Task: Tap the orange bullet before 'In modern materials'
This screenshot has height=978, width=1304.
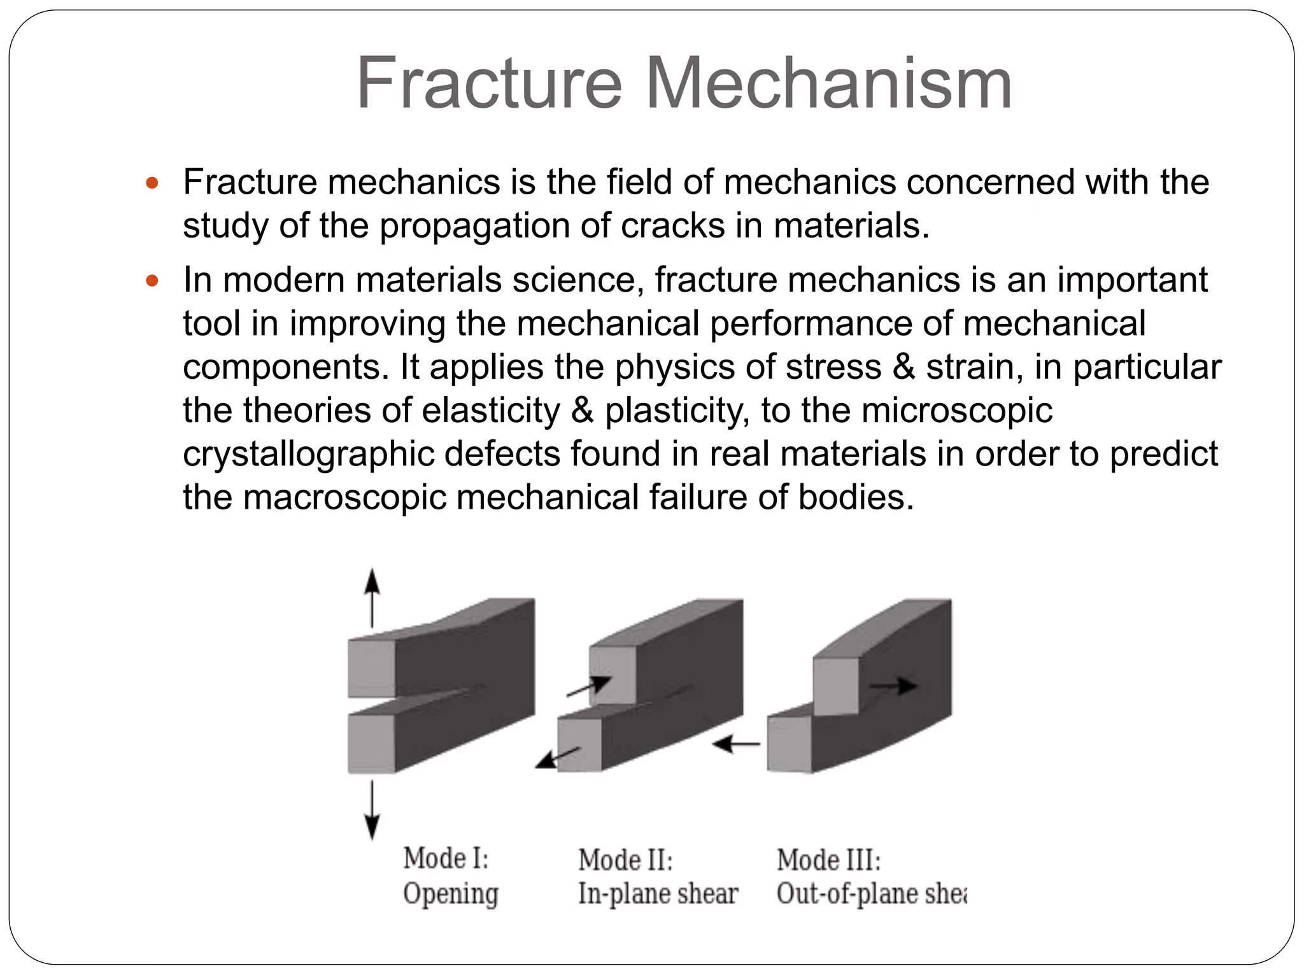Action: click(x=152, y=281)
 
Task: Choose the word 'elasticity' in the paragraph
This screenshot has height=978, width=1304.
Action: click(x=490, y=411)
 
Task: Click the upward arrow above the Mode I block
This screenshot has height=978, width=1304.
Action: click(x=372, y=599)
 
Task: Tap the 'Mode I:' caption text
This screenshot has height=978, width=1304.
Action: click(x=446, y=858)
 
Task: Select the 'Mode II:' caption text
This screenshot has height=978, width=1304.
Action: click(x=625, y=860)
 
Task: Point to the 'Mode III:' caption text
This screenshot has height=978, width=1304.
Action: click(x=828, y=860)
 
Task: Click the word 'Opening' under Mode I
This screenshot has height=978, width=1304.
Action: click(x=450, y=894)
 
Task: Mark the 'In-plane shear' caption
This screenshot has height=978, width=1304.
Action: click(x=658, y=894)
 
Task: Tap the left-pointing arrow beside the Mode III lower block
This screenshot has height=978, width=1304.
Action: click(x=736, y=743)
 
